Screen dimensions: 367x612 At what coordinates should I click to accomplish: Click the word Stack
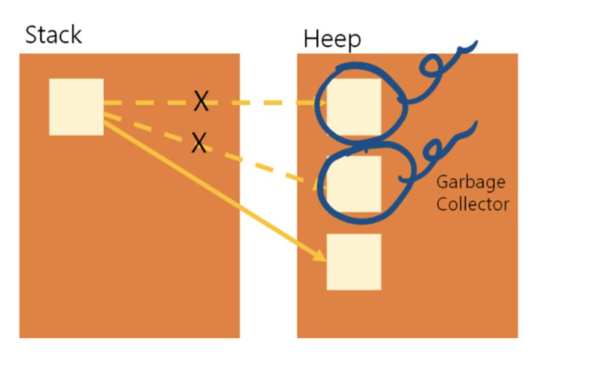click(x=53, y=35)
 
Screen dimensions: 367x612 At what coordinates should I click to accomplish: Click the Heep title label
click(x=332, y=39)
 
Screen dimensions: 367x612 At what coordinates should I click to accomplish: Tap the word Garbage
click(x=470, y=182)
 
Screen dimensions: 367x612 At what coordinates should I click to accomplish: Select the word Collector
click(x=472, y=204)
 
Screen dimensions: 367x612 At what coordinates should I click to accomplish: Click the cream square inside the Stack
click(x=76, y=107)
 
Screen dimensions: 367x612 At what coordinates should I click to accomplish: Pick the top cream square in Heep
click(x=354, y=107)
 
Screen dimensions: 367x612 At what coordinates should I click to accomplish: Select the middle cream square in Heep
click(x=354, y=183)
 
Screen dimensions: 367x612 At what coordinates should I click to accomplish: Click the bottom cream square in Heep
click(x=354, y=262)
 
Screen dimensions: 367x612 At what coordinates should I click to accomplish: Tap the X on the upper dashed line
click(x=201, y=102)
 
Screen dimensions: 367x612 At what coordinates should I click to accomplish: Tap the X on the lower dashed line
click(x=199, y=143)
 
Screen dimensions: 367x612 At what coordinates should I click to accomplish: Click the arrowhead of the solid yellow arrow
click(x=321, y=257)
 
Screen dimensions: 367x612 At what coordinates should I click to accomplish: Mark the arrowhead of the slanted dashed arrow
click(x=319, y=185)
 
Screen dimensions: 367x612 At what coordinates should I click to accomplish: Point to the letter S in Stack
click(x=31, y=35)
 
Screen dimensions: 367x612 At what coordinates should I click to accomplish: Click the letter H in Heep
click(x=310, y=39)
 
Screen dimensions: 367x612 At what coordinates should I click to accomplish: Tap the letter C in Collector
click(x=442, y=204)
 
